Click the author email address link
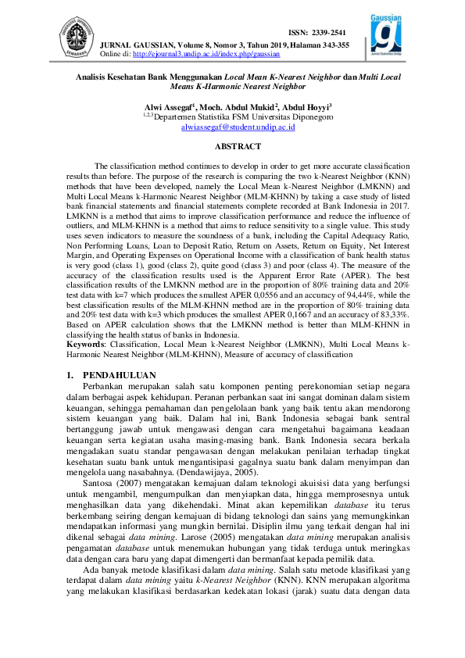pos(232,126)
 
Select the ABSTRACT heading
pos(232,146)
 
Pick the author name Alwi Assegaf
pos(171,106)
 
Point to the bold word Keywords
pos(85,343)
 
